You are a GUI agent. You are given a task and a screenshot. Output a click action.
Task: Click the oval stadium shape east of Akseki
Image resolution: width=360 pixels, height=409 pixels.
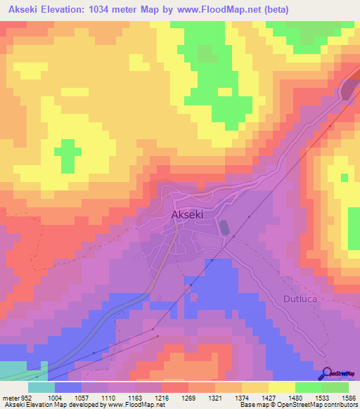coord(224,228)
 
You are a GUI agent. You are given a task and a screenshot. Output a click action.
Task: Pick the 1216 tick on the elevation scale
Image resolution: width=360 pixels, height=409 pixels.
coord(162,396)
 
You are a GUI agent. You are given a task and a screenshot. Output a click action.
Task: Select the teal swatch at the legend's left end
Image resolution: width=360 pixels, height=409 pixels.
coord(41,387)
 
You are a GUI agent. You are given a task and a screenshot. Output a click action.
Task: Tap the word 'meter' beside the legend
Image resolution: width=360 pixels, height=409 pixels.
coord(11,396)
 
